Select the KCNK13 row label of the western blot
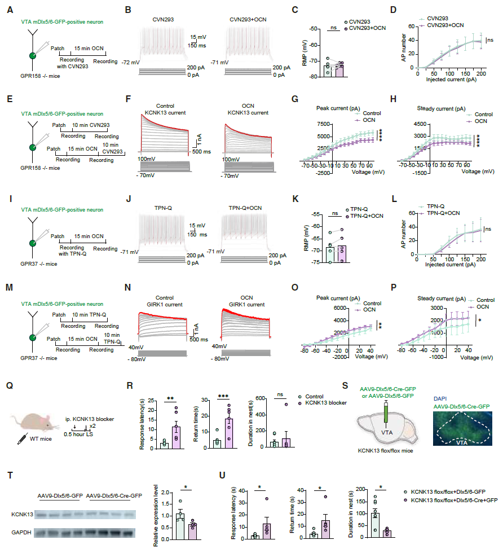21,515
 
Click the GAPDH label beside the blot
21,532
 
